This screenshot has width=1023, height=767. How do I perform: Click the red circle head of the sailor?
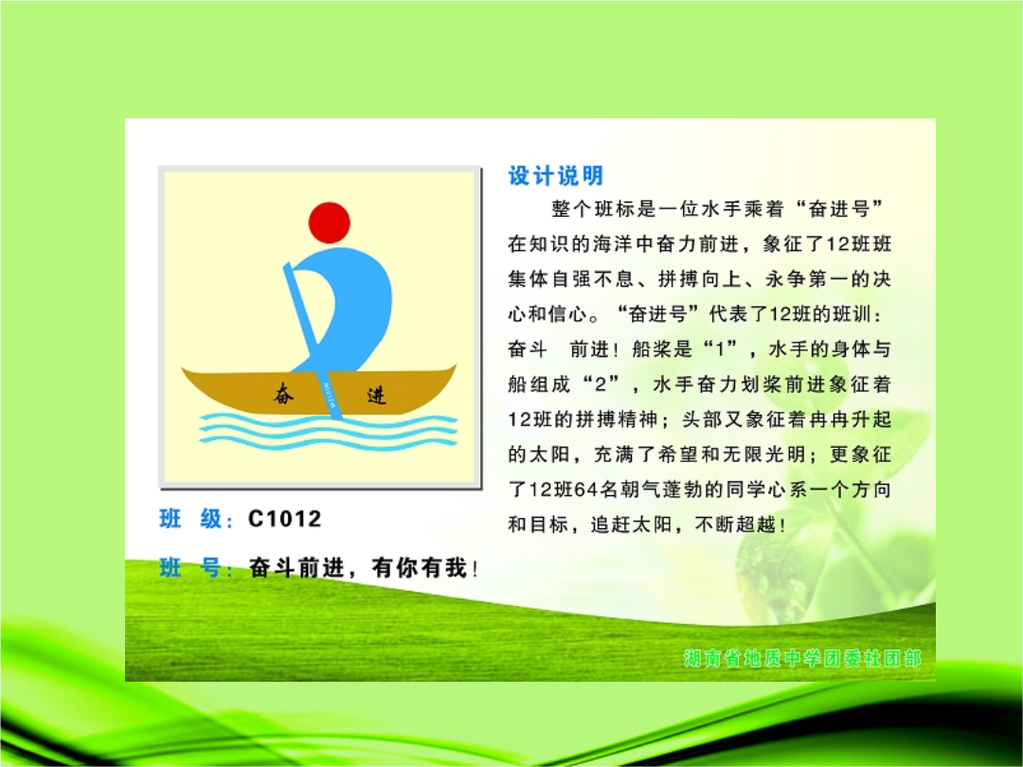pyautogui.click(x=330, y=223)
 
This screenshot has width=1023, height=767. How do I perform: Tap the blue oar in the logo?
pyautogui.click(x=312, y=340)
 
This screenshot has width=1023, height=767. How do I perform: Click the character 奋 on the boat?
pyautogui.click(x=283, y=394)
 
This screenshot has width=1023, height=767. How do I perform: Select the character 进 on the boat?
pyautogui.click(x=376, y=395)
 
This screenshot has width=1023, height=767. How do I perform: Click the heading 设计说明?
pyautogui.click(x=556, y=175)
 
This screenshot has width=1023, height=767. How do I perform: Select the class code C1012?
pyautogui.click(x=284, y=519)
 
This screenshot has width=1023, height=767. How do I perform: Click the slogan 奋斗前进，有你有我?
pyautogui.click(x=364, y=568)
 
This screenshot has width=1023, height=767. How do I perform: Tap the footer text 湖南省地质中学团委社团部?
pyautogui.click(x=802, y=658)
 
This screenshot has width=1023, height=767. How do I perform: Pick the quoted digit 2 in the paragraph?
pyautogui.click(x=601, y=384)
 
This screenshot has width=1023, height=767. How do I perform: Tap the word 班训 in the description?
pyautogui.click(x=852, y=314)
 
